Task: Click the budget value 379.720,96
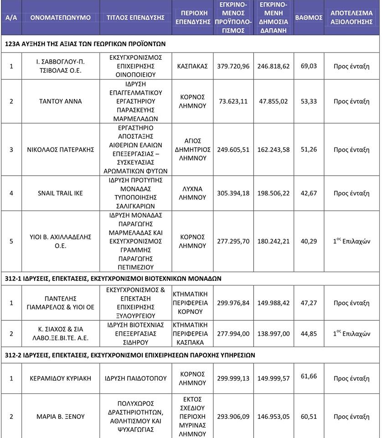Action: pyautogui.click(x=234, y=66)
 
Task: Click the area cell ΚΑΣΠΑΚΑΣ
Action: pyautogui.click(x=191, y=66)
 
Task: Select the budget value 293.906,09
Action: pyautogui.click(x=234, y=416)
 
